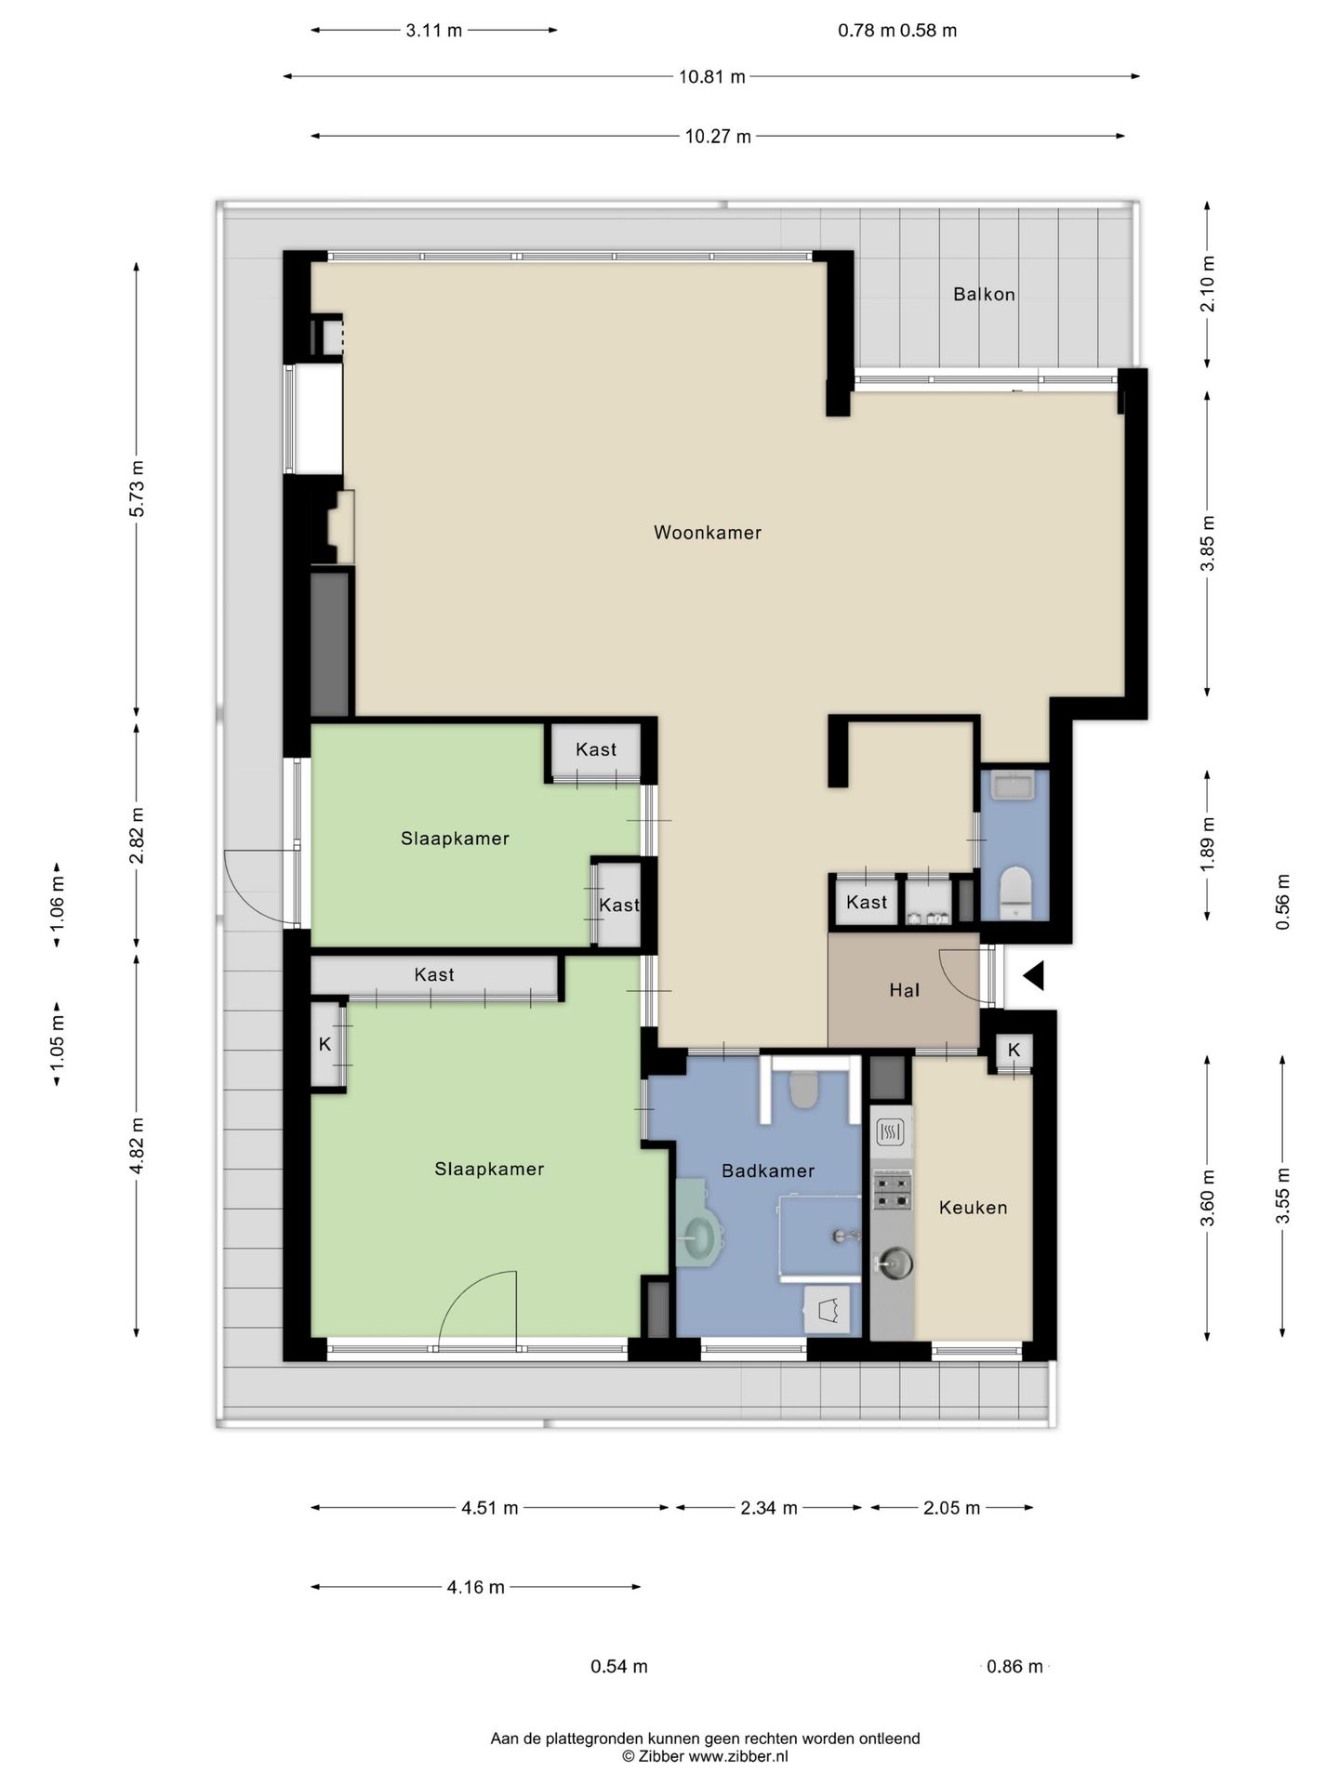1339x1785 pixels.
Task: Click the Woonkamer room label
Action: [x=708, y=533]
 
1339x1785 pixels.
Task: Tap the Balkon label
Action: [x=984, y=295]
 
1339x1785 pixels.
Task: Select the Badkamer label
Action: [x=768, y=1171]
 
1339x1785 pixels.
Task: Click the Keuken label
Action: [x=973, y=1208]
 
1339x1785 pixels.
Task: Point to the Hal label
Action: [x=904, y=991]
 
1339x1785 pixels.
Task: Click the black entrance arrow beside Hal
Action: [x=1034, y=976]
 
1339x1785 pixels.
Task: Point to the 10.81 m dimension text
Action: [x=711, y=77]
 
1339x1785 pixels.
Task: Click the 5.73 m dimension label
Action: [x=137, y=489]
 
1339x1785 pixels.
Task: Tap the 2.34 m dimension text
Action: [x=769, y=1508]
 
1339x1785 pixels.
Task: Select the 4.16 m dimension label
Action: [x=475, y=1587]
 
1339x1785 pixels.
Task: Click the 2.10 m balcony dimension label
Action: [x=1207, y=283]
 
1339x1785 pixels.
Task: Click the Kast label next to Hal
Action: [x=867, y=903]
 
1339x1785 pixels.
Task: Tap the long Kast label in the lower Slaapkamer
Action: [x=434, y=974]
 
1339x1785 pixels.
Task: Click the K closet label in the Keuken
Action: [x=1014, y=1050]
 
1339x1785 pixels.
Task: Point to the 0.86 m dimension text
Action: [x=1014, y=1666]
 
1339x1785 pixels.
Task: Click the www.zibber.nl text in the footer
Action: [x=738, y=1756]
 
